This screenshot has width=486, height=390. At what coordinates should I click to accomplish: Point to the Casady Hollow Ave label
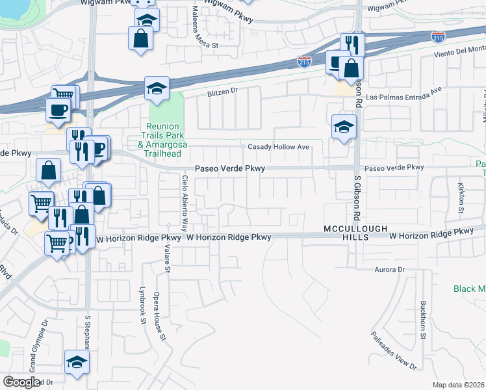click(x=277, y=147)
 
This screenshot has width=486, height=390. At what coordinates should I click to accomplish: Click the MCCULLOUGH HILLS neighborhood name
click(x=356, y=233)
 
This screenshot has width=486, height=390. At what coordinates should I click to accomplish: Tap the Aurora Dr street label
click(x=390, y=269)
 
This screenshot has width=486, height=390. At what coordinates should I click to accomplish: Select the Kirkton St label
click(x=461, y=198)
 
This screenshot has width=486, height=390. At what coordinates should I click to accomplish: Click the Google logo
click(x=21, y=382)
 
